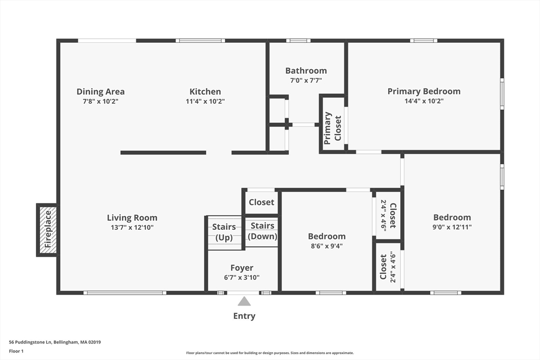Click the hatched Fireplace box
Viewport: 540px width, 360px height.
point(47,230)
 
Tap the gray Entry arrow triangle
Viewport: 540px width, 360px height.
point(244,301)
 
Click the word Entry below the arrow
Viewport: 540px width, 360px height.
point(244,316)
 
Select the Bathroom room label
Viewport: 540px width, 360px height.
point(306,71)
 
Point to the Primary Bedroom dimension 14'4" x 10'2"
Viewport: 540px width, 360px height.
point(424,101)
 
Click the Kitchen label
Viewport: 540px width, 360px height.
point(205,92)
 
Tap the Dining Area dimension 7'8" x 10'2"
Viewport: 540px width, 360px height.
point(101,101)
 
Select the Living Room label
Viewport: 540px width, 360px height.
point(132,218)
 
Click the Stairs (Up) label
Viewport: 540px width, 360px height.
point(224,232)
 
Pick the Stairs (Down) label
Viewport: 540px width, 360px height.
point(263,231)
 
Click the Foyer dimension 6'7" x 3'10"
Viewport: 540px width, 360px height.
point(242,277)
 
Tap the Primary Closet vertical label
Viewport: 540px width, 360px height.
point(332,128)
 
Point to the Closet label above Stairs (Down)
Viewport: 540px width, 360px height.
point(262,202)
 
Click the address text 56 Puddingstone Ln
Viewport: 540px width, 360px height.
point(30,342)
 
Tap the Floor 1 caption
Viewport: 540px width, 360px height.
point(16,351)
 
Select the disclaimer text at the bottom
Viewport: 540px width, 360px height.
point(270,353)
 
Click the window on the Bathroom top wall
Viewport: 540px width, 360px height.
point(298,41)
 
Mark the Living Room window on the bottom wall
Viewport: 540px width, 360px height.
point(124,293)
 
